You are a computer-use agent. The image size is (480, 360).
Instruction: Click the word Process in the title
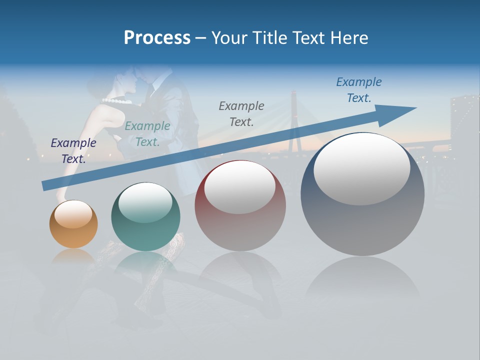pos(157,38)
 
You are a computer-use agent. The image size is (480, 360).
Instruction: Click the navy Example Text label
pos(73,150)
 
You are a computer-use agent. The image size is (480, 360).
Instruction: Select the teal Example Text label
pos(147,134)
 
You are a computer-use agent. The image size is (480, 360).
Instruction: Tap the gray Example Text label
pos(241,113)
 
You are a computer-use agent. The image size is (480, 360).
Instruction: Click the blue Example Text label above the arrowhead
pos(358,89)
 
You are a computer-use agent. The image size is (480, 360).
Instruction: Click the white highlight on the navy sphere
pos(361,168)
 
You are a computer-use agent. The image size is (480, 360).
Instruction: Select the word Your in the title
pos(227,38)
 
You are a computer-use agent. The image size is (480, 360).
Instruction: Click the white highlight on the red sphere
pos(239,187)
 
